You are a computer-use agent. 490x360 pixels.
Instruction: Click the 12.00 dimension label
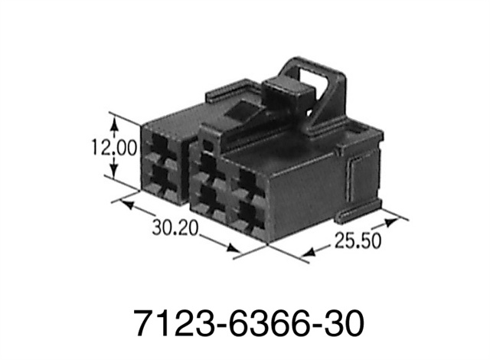click(x=114, y=148)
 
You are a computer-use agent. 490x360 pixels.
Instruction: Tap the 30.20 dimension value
click(x=175, y=227)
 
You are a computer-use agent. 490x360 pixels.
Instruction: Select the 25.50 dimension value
click(x=358, y=241)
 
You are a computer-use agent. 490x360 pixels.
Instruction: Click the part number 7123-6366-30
click(x=249, y=322)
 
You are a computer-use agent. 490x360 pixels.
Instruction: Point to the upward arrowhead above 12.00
click(x=114, y=123)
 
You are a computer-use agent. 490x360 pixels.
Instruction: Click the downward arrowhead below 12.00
click(x=114, y=172)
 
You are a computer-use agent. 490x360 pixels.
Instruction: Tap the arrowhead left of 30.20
click(x=127, y=205)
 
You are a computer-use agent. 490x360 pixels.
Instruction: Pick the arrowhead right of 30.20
click(x=233, y=248)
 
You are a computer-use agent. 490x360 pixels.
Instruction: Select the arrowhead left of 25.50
click(x=309, y=252)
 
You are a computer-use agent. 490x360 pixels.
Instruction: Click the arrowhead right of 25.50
click(x=391, y=222)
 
